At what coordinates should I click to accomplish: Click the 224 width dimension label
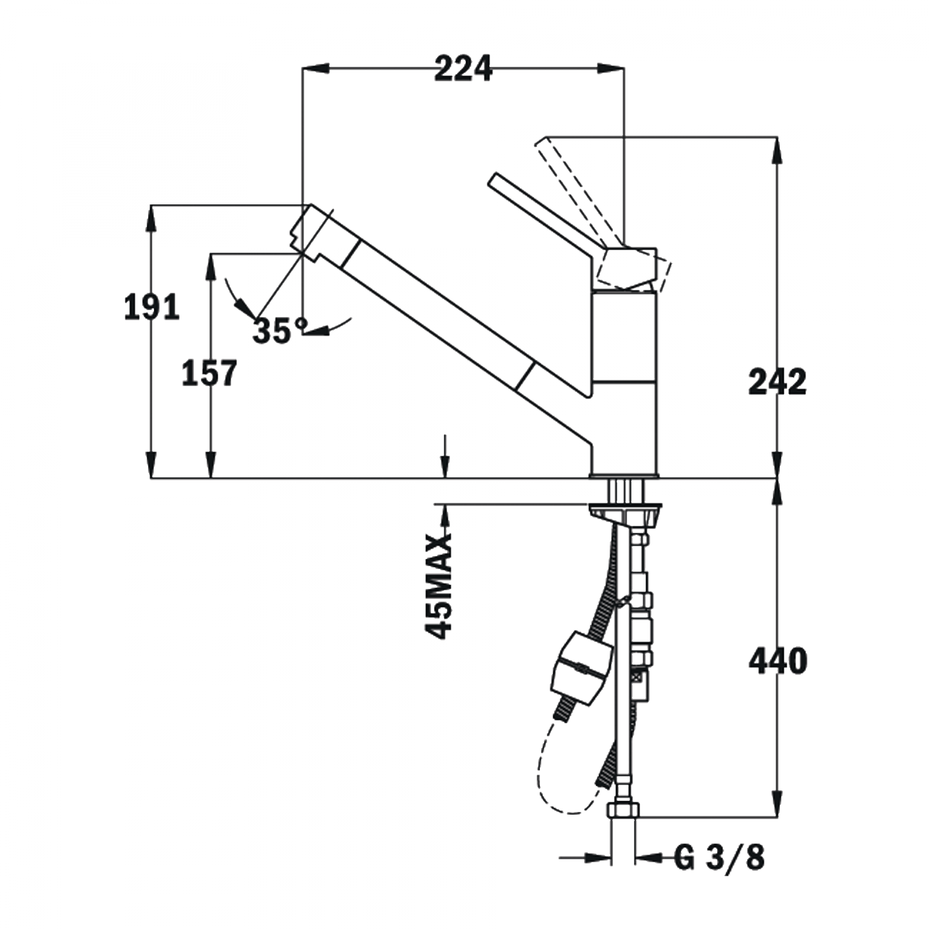pyautogui.click(x=463, y=69)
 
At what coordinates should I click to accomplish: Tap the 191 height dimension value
pyautogui.click(x=152, y=307)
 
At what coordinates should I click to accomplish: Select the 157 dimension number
pyautogui.click(x=209, y=373)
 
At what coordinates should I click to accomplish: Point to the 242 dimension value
pyautogui.click(x=777, y=382)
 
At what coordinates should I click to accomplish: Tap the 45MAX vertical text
pyautogui.click(x=439, y=586)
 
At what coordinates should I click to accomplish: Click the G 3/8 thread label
pyautogui.click(x=719, y=858)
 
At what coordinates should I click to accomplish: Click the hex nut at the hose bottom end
pyautogui.click(x=623, y=809)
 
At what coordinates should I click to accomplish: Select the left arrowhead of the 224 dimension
pyautogui.click(x=314, y=69)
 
